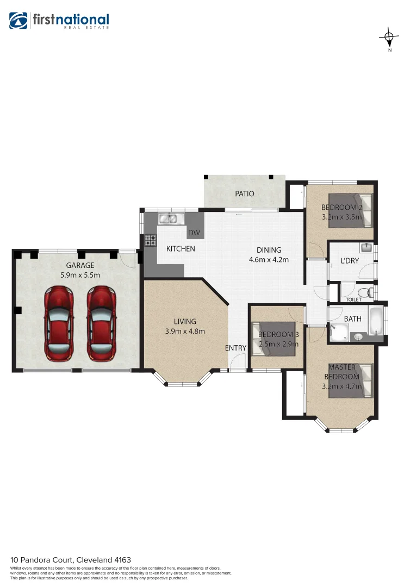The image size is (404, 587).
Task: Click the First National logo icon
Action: coord(19,21)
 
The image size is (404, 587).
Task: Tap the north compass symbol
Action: coord(389,37)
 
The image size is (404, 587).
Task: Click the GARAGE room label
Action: coord(80,265)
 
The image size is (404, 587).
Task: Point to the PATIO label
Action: coord(244,193)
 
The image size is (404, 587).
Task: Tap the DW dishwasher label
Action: coord(194,233)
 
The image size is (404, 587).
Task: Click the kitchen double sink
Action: coord(168,219)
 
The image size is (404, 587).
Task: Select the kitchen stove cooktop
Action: coord(150,241)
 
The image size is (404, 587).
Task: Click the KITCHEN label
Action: coord(180,249)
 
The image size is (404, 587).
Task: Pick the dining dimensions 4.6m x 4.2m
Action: coord(269,259)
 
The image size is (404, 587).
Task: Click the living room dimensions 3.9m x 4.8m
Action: coord(185,331)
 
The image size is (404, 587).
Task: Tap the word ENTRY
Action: coord(235,348)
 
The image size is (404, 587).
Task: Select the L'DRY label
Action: coord(350,261)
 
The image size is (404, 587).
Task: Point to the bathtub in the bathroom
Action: coord(376,322)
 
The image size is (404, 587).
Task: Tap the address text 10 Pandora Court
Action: coord(44,560)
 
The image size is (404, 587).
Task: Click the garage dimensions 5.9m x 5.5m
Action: coord(80,275)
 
